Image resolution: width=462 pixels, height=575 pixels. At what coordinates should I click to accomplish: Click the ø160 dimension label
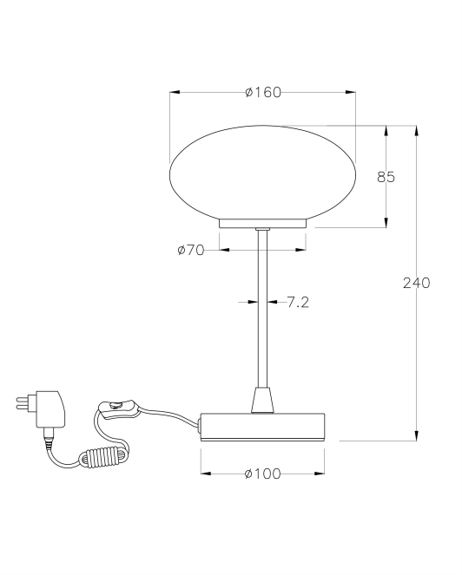263,93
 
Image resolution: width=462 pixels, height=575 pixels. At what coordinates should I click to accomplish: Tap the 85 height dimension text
386,177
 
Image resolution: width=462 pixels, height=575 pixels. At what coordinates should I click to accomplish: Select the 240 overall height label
417,283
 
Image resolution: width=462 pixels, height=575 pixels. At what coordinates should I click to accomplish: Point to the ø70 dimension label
190,251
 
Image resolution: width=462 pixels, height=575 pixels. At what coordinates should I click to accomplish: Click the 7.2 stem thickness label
298,302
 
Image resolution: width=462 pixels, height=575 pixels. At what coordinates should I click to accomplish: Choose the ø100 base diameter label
262,474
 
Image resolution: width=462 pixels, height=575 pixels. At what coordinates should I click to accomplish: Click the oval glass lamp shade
262,173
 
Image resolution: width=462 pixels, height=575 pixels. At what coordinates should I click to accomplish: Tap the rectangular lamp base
262,427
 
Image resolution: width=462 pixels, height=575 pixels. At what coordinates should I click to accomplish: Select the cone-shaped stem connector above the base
262,400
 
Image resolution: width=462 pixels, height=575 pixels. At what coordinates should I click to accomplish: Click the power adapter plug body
50,408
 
